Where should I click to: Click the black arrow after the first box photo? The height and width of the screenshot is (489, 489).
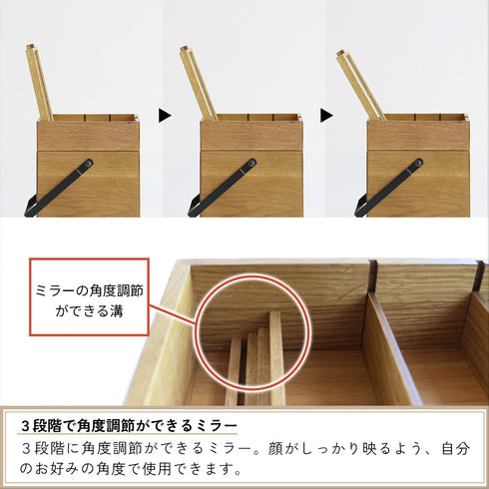pyautogui.click(x=165, y=116)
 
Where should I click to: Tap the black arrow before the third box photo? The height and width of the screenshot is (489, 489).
pyautogui.click(x=326, y=116)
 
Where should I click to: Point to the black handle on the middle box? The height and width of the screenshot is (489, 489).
pyautogui.click(x=226, y=185)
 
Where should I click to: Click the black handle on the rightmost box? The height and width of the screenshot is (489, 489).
pyautogui.click(x=391, y=185)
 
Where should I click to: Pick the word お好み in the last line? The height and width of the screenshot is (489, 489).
pyautogui.click(x=61, y=468)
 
